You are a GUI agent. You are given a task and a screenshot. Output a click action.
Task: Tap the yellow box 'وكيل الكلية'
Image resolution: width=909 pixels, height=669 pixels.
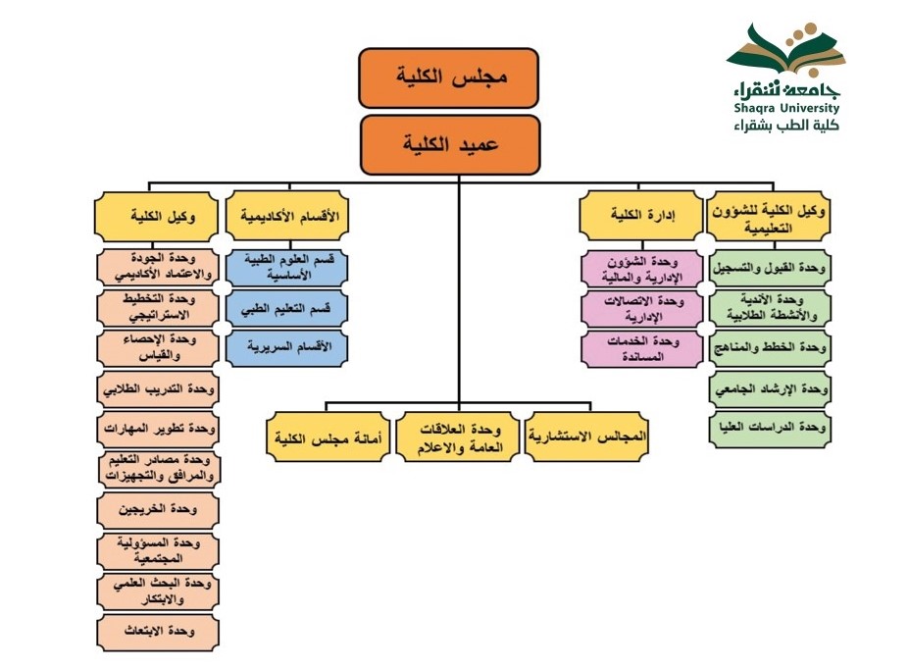pos(158,216)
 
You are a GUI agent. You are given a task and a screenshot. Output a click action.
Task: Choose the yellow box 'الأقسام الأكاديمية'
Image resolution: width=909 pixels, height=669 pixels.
pos(287,216)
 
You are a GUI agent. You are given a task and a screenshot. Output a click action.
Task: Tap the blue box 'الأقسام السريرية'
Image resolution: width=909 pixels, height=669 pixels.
pos(287,347)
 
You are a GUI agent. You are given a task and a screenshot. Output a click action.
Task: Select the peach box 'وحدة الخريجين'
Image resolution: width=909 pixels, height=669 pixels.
pos(158,510)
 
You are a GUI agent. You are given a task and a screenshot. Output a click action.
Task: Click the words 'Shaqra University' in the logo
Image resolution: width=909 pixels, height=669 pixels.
pos(783,109)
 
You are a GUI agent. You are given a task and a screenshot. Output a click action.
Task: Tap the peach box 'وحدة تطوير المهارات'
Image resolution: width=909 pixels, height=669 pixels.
pos(158,429)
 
